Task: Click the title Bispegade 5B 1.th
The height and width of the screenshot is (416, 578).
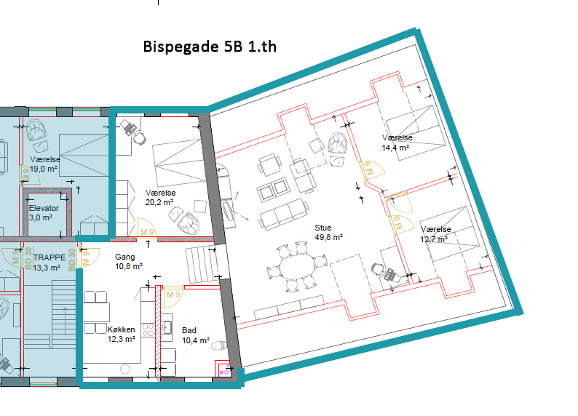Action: [210, 47]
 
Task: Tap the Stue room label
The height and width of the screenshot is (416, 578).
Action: [323, 228]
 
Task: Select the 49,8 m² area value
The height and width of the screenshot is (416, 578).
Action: [329, 237]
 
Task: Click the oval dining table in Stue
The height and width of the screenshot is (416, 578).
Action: [298, 267]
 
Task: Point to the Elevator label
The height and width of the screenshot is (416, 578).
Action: [44, 208]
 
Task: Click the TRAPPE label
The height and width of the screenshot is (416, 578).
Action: [50, 257]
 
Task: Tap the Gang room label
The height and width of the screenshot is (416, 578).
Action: [125, 257]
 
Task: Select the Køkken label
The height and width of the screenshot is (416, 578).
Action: [122, 329]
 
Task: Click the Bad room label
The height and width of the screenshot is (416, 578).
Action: [189, 330]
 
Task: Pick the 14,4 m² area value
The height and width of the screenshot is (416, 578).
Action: [395, 148]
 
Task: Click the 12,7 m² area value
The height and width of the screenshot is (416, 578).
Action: [435, 239]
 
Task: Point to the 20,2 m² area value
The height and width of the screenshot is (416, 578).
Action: [159, 202]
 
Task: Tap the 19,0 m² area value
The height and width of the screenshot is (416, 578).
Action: [44, 169]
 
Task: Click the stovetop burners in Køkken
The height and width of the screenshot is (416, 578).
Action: [149, 330]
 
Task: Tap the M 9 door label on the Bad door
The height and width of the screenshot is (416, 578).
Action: [173, 295]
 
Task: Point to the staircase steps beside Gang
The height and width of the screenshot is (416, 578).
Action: [201, 264]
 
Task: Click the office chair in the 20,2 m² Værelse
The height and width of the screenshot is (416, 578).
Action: [139, 138]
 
